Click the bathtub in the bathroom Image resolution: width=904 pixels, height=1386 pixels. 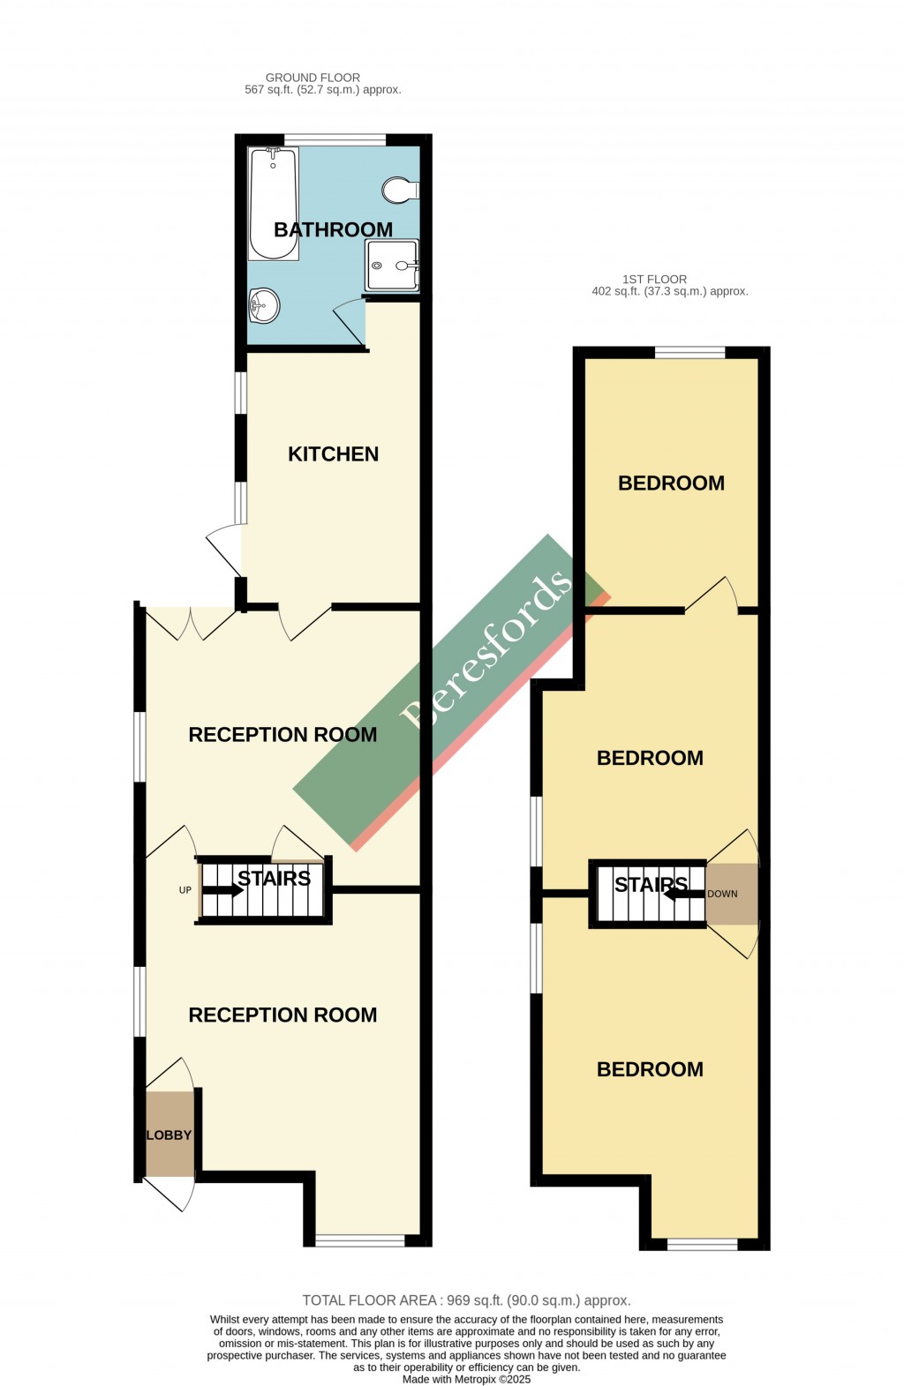click(273, 204)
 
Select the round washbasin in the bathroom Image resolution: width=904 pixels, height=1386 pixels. click(264, 306)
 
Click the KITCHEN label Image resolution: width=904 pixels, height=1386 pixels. click(333, 454)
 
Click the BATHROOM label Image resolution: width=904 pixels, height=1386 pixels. click(333, 229)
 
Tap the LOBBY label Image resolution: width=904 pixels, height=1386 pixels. click(169, 1135)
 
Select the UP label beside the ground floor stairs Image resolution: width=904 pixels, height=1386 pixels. click(185, 890)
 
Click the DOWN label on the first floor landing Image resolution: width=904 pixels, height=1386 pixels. click(722, 894)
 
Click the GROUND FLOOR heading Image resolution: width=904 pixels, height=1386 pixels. click(313, 78)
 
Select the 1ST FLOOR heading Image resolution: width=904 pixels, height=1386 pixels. click(654, 279)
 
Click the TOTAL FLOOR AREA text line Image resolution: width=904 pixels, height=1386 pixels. click(466, 1300)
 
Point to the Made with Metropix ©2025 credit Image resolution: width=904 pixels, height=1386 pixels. click(466, 1379)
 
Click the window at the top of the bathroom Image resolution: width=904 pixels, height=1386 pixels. click(335, 139)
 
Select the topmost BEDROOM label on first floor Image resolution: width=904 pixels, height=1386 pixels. click(671, 483)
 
